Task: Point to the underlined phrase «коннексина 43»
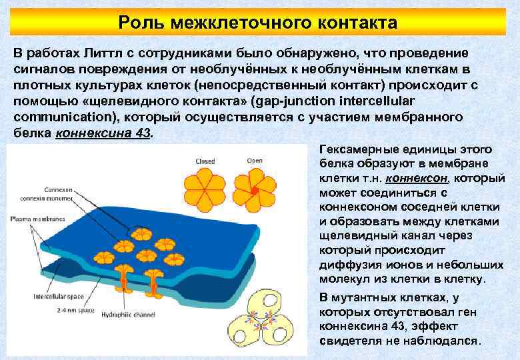click(x=103, y=133)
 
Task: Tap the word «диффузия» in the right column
click(x=349, y=266)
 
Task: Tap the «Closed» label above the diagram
click(x=205, y=161)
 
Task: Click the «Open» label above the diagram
click(x=254, y=161)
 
